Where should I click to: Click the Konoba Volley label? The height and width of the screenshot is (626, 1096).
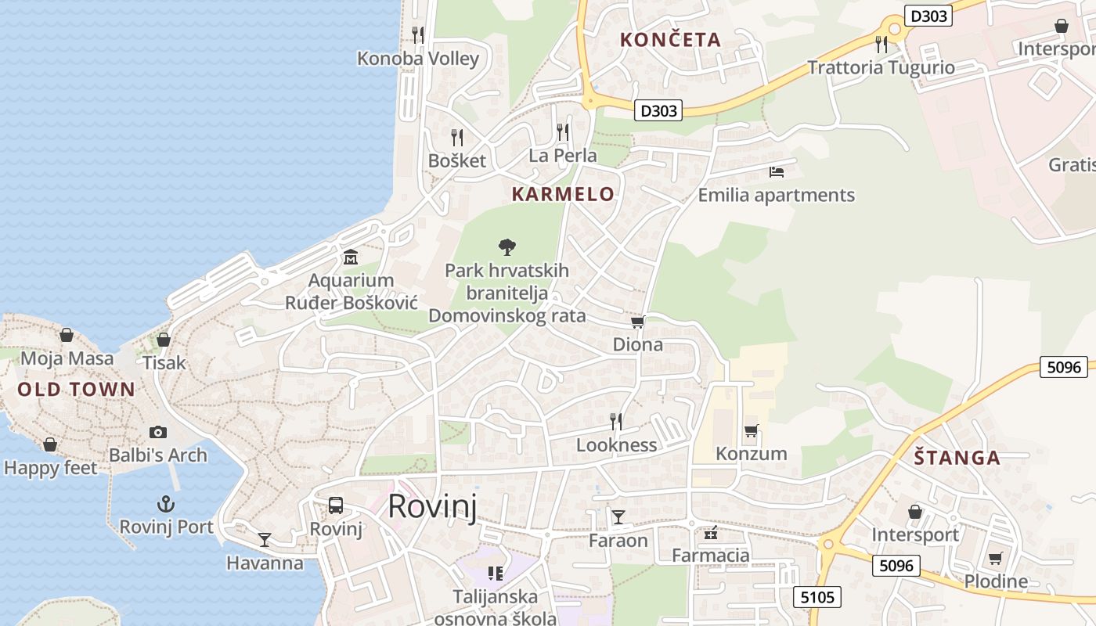417,59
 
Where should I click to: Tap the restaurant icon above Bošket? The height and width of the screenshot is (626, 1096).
457,138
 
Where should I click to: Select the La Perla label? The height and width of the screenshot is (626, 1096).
562,156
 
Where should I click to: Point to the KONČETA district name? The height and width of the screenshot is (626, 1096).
669,40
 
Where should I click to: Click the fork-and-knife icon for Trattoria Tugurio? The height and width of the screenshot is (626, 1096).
881,44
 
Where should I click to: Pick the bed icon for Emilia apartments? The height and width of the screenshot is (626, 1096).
776,171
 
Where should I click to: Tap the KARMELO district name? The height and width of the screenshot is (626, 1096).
563,195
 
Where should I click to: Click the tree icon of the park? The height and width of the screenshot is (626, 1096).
507,247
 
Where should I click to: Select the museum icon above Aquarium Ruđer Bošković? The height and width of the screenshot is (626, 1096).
351,257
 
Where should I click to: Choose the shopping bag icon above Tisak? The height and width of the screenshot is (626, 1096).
164,340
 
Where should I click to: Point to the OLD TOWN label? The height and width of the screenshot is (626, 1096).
77,390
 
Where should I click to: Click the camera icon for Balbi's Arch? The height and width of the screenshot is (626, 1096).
158,432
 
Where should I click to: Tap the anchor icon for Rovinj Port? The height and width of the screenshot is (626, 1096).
166,504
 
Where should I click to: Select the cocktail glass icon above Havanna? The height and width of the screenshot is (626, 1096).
265,540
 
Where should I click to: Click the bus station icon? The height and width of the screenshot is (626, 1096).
336,505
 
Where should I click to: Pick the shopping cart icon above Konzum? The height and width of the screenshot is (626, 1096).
751,430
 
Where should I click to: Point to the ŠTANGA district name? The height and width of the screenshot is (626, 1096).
957,459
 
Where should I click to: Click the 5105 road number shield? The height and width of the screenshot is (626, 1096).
817,598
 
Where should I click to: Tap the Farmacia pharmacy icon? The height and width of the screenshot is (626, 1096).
711,534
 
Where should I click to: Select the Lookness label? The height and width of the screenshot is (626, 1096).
616,445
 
